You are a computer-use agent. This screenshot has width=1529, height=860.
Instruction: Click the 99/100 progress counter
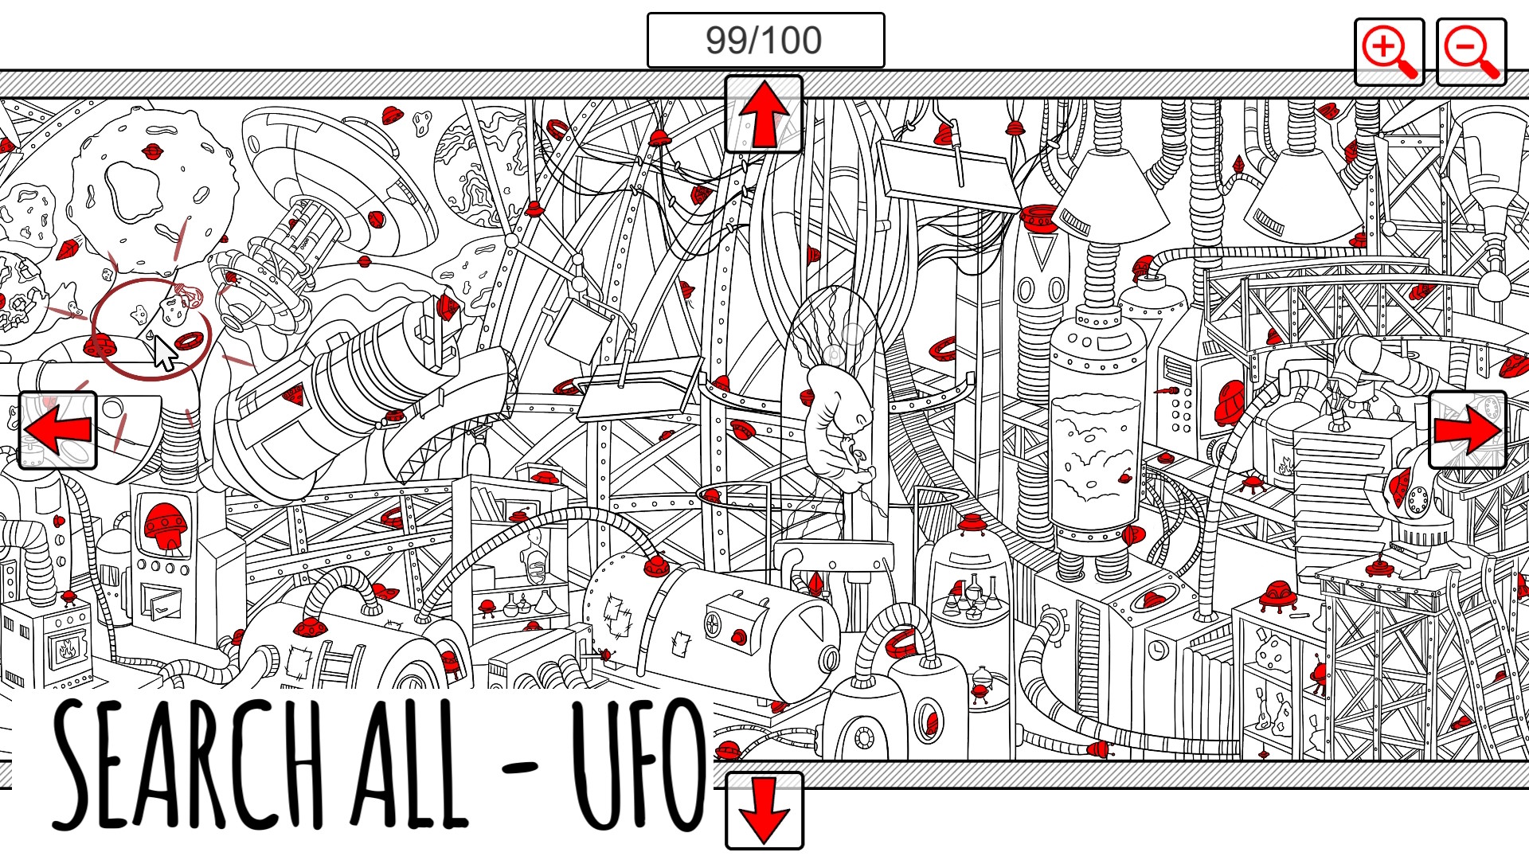[764, 41]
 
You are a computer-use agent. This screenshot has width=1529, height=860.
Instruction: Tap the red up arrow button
[764, 115]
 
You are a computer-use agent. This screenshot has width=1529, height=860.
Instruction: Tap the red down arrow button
[764, 810]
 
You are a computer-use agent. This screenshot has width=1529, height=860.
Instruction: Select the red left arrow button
[57, 430]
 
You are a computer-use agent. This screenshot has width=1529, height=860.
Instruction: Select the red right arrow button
[1467, 430]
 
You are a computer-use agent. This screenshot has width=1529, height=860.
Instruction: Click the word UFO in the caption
[637, 764]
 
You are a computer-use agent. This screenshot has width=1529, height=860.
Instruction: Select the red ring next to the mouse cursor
[190, 341]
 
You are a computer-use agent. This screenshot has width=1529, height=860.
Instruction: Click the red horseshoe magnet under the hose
[900, 642]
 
